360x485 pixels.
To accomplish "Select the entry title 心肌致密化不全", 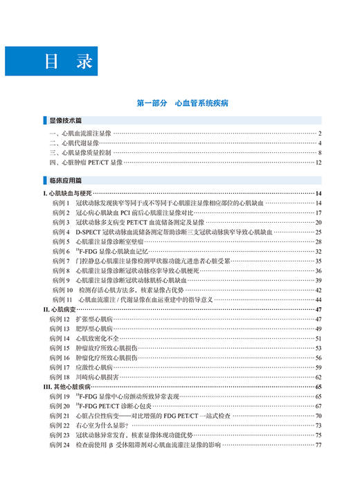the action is coord(97,339).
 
